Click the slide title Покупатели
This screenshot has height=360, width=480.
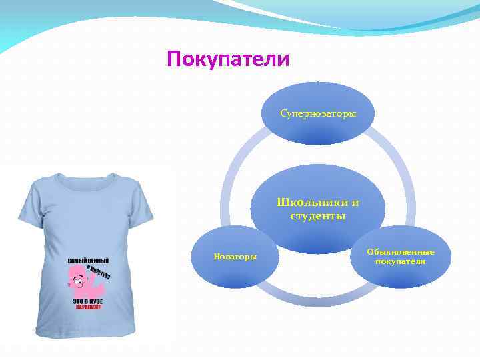pos(228,60)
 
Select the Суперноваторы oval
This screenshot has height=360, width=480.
pos(318,114)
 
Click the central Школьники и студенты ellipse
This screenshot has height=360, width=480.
pos(318,208)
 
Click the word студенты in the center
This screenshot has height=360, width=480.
pos(318,215)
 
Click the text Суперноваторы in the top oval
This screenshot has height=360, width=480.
pos(318,114)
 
